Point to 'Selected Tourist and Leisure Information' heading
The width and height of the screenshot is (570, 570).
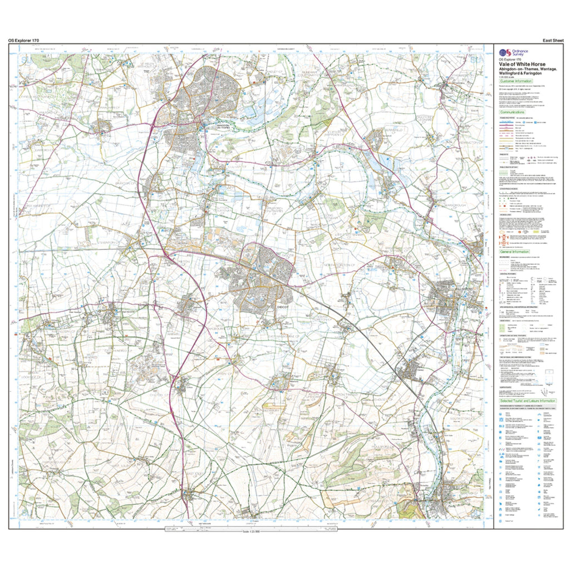(528, 400)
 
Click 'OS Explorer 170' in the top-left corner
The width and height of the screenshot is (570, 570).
(23, 40)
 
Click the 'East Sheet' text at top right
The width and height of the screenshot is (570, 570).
(551, 40)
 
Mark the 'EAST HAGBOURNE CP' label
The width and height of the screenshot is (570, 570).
(278, 337)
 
